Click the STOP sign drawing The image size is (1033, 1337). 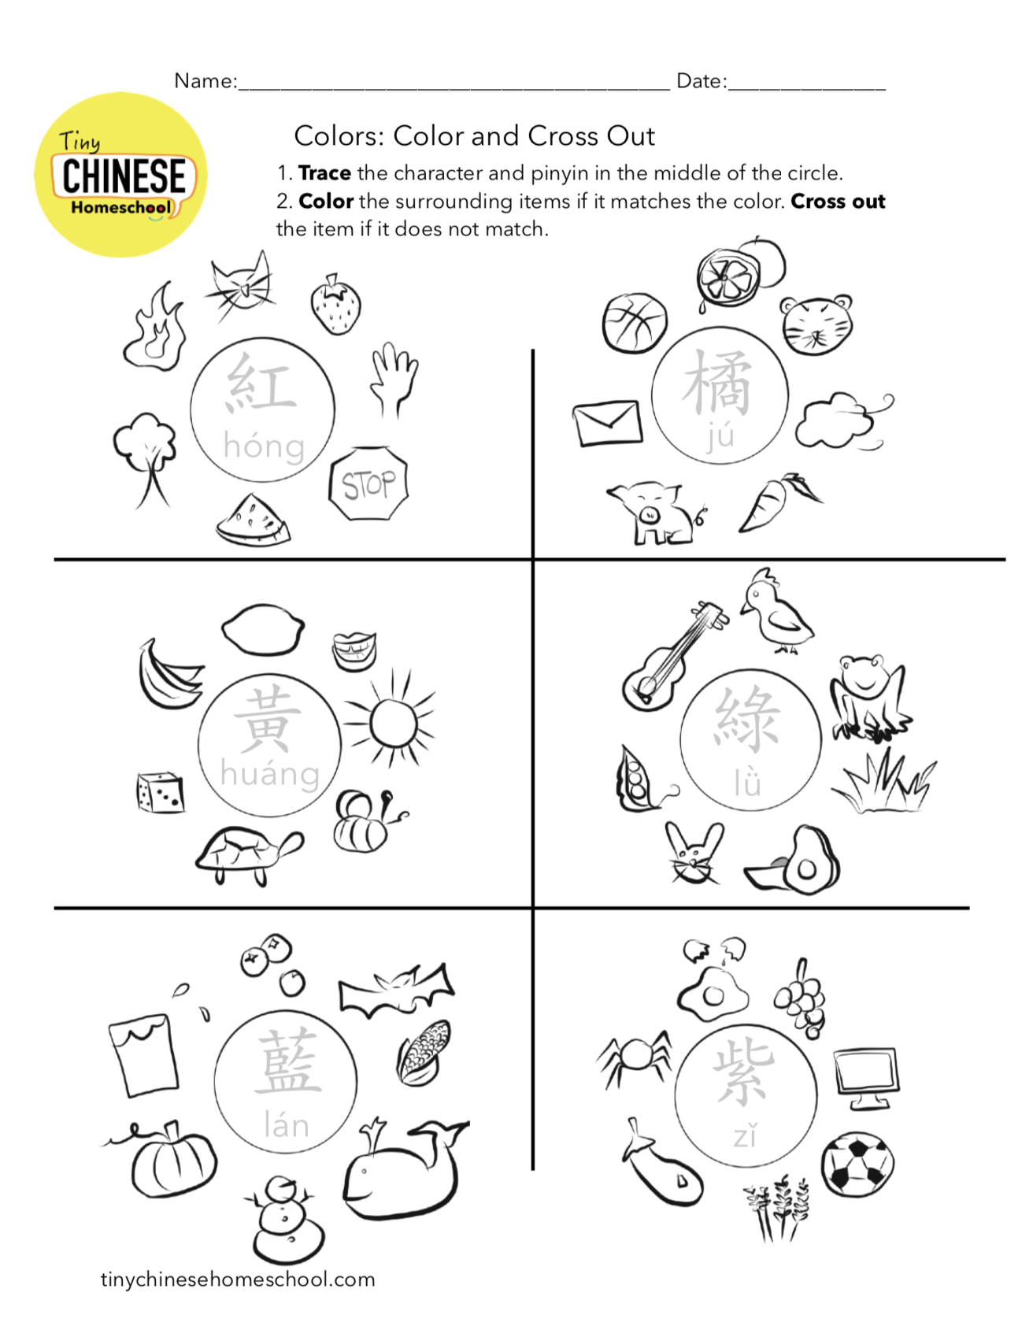coord(368,483)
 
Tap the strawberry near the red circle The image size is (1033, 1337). coord(336,305)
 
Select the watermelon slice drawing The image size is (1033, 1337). coord(252,520)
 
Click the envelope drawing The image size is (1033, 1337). coord(607,422)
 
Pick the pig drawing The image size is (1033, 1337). coord(653,513)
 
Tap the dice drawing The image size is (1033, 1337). coord(161,791)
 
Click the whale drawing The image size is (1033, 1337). coord(402,1170)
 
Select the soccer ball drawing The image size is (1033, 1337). coord(857,1163)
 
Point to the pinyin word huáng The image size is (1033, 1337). coord(270,773)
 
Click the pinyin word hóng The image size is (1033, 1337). coord(264,446)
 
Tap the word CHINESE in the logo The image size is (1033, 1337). coord(124,176)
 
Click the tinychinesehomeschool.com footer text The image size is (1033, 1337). coord(238,1280)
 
